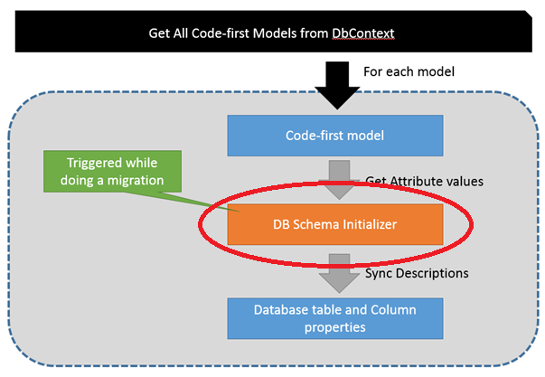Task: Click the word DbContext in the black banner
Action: pos(364,33)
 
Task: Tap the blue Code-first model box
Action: pos(334,136)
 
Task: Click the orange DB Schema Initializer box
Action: pos(334,223)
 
